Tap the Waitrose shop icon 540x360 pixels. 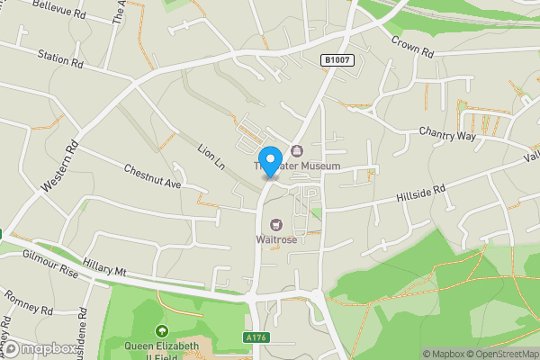click(x=276, y=224)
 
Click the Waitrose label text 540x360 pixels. click(x=275, y=238)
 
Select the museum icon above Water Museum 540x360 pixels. click(x=295, y=150)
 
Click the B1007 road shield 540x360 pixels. click(x=337, y=60)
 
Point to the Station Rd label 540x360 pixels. click(x=60, y=59)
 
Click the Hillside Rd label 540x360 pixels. click(x=421, y=193)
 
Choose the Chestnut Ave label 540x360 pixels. click(x=153, y=177)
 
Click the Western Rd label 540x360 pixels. click(x=59, y=167)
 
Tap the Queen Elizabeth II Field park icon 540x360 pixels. click(x=162, y=332)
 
